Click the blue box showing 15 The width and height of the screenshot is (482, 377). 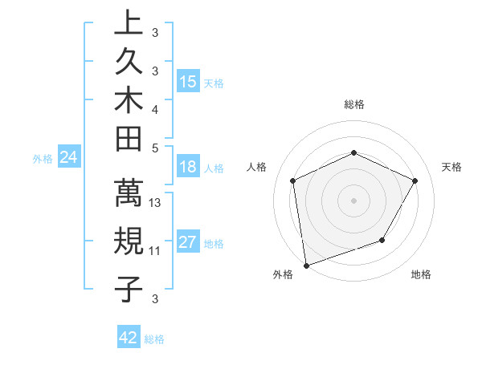click(188, 81)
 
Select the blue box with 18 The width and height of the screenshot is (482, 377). click(188, 168)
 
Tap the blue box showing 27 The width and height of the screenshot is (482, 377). click(188, 243)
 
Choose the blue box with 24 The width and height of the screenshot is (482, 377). click(69, 158)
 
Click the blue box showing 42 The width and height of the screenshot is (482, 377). click(129, 338)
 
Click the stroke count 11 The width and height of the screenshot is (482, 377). click(155, 251)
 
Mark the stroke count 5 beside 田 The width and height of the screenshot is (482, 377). click(155, 147)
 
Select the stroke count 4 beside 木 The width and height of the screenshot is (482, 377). click(155, 108)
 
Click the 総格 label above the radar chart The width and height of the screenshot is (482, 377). click(353, 104)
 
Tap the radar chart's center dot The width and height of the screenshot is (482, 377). click(353, 200)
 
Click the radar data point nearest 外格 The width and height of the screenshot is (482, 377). click(306, 265)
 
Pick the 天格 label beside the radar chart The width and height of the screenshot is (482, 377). click(452, 167)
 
